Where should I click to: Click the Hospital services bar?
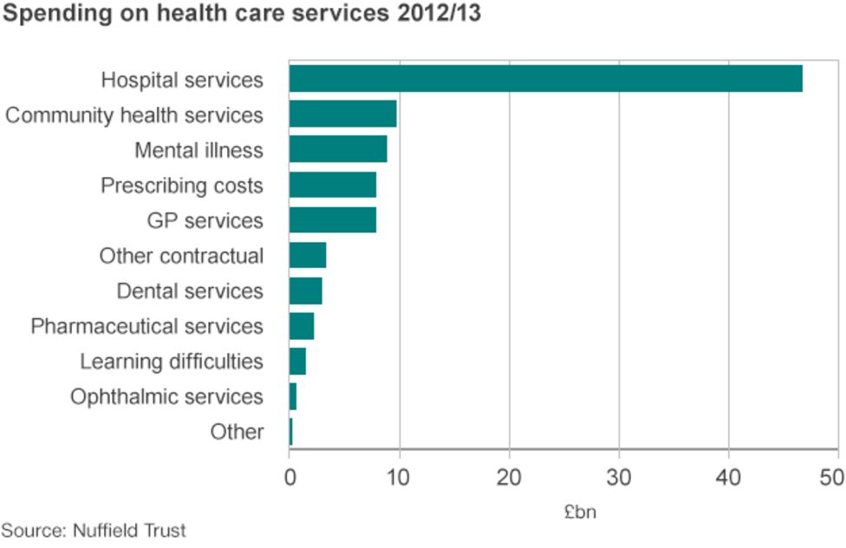(545, 79)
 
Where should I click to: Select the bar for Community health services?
(342, 114)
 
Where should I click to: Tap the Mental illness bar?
(338, 149)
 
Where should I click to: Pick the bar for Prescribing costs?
(332, 185)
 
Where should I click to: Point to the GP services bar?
(332, 220)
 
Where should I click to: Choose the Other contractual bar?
(308, 256)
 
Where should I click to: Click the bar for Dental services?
(305, 290)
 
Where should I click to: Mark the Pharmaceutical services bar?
(301, 326)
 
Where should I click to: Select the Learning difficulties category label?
(172, 362)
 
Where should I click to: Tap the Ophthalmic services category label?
(166, 397)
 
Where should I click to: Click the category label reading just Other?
(237, 432)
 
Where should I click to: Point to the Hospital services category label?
(182, 81)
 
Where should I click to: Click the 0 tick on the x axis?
(290, 476)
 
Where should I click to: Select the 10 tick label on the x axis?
(399, 476)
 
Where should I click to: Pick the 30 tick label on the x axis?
(619, 476)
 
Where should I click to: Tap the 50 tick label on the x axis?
(832, 476)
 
